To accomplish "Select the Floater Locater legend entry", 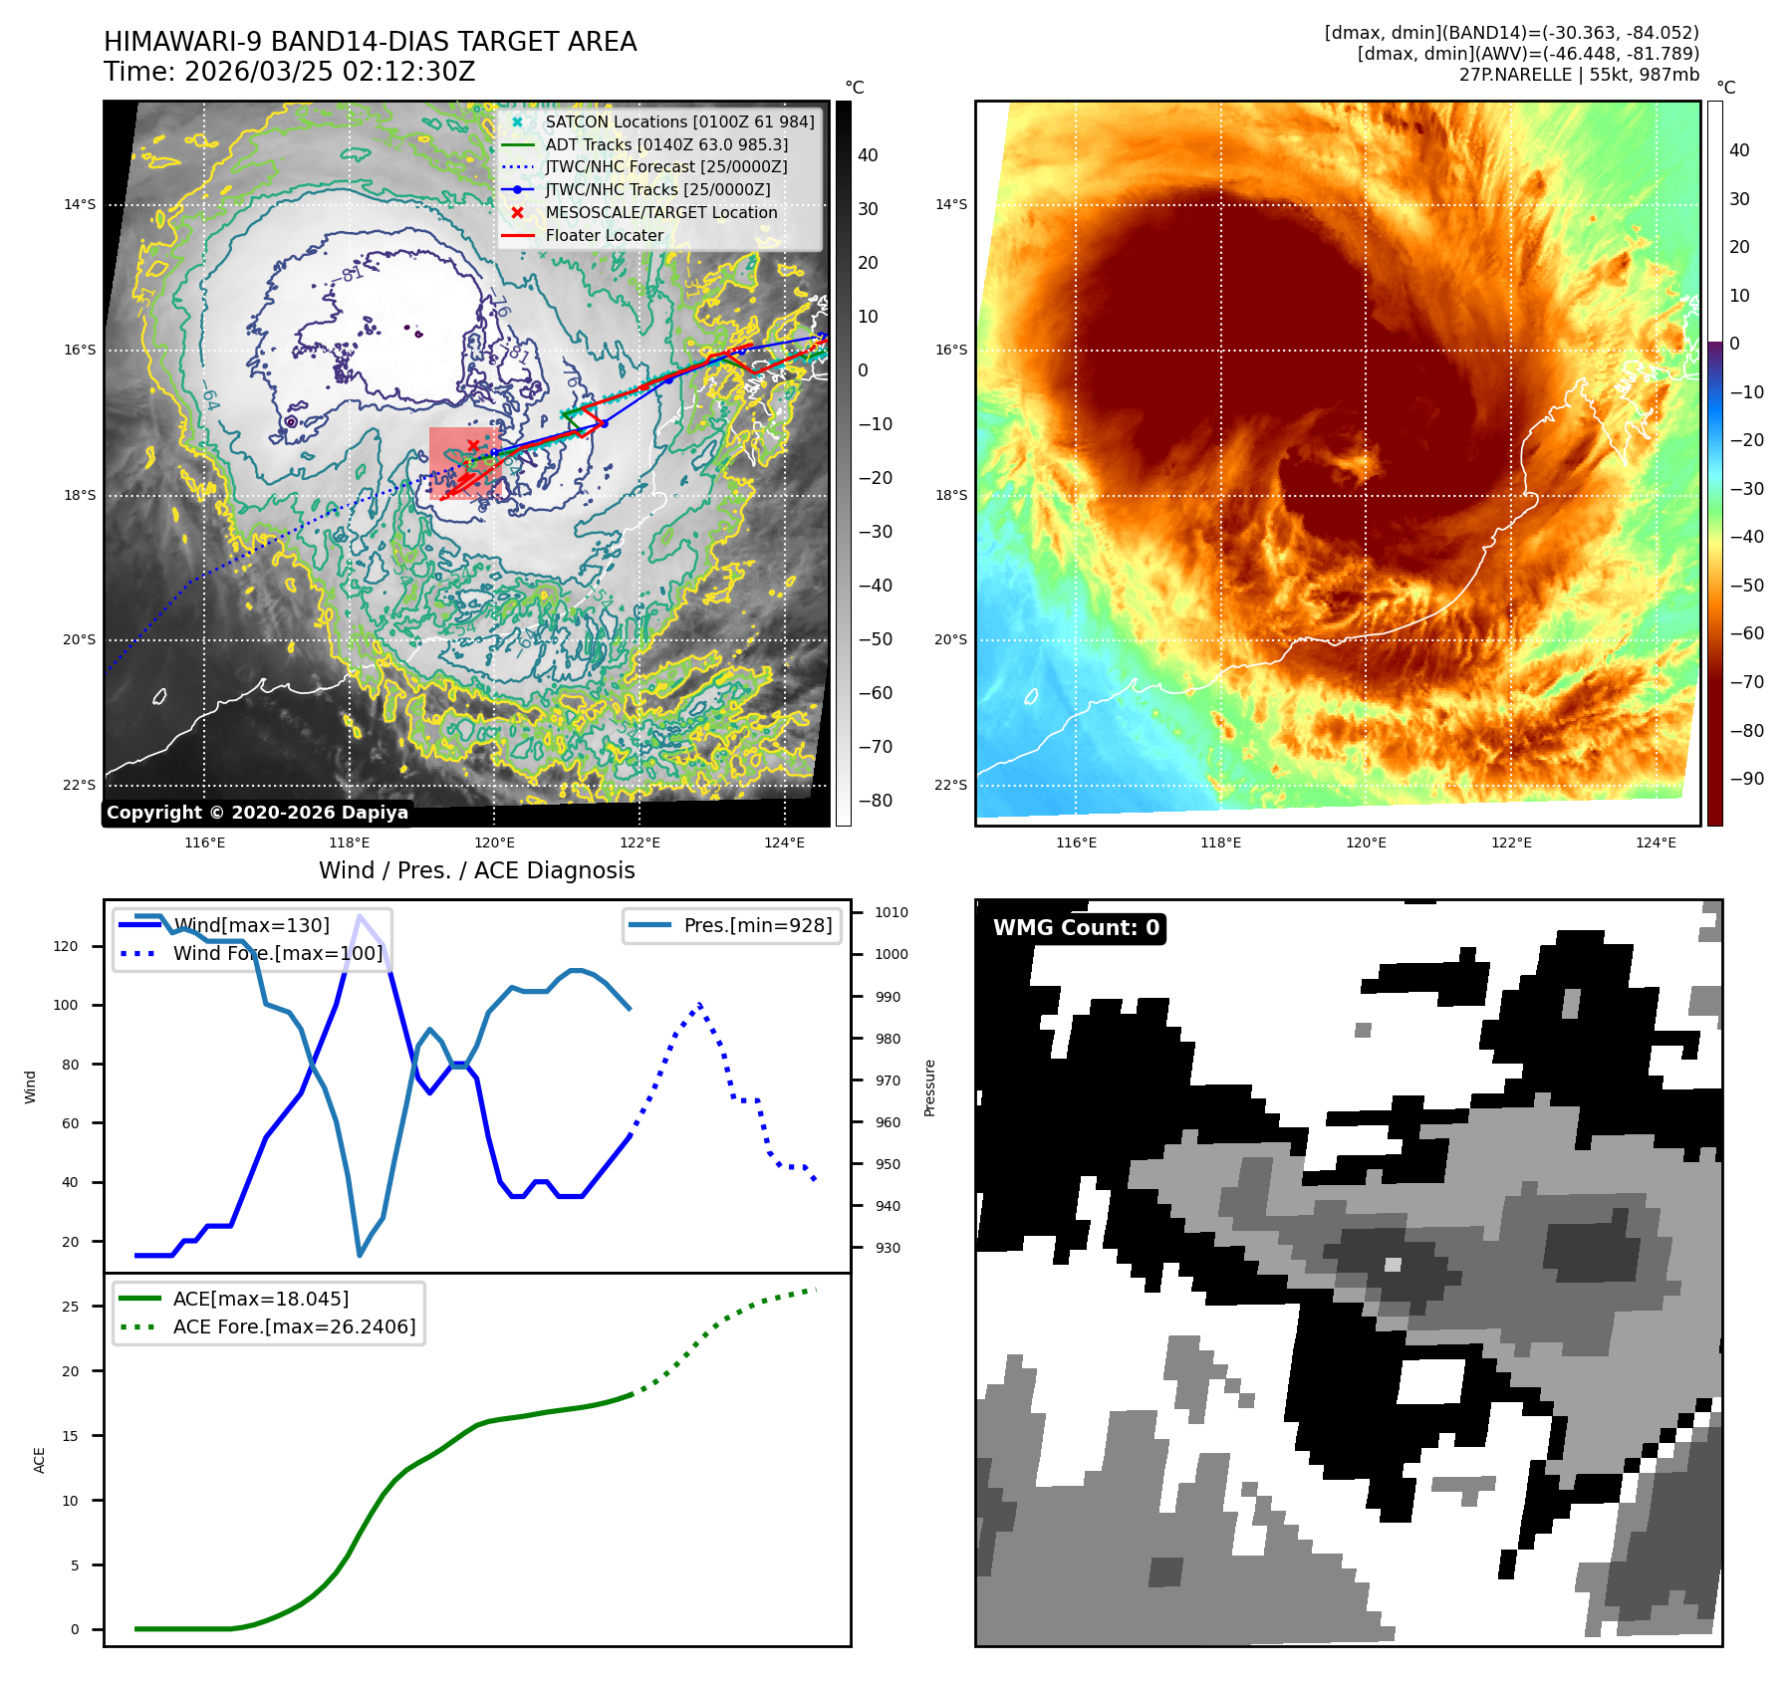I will tap(604, 235).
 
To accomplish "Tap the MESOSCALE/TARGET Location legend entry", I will tap(660, 212).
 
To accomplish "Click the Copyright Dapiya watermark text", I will tap(257, 813).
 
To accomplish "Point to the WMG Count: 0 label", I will tap(1076, 928).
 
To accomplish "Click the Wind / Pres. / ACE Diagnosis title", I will tap(476, 870).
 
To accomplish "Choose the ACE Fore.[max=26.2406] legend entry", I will tap(294, 1326).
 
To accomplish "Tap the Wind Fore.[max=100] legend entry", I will tap(277, 953).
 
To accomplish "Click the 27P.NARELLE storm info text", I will tap(1579, 75).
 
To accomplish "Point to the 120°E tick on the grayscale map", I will tap(494, 842).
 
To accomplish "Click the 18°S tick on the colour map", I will tap(950, 495).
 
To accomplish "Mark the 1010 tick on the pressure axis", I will tap(891, 912).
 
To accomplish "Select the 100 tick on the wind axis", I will tap(65, 1005).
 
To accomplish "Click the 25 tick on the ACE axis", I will tap(70, 1307).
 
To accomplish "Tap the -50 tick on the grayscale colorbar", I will tap(876, 639).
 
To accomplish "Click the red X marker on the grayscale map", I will tap(473, 445).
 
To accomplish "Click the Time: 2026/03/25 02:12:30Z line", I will tap(289, 72).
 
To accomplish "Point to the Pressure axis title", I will tap(929, 1087).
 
